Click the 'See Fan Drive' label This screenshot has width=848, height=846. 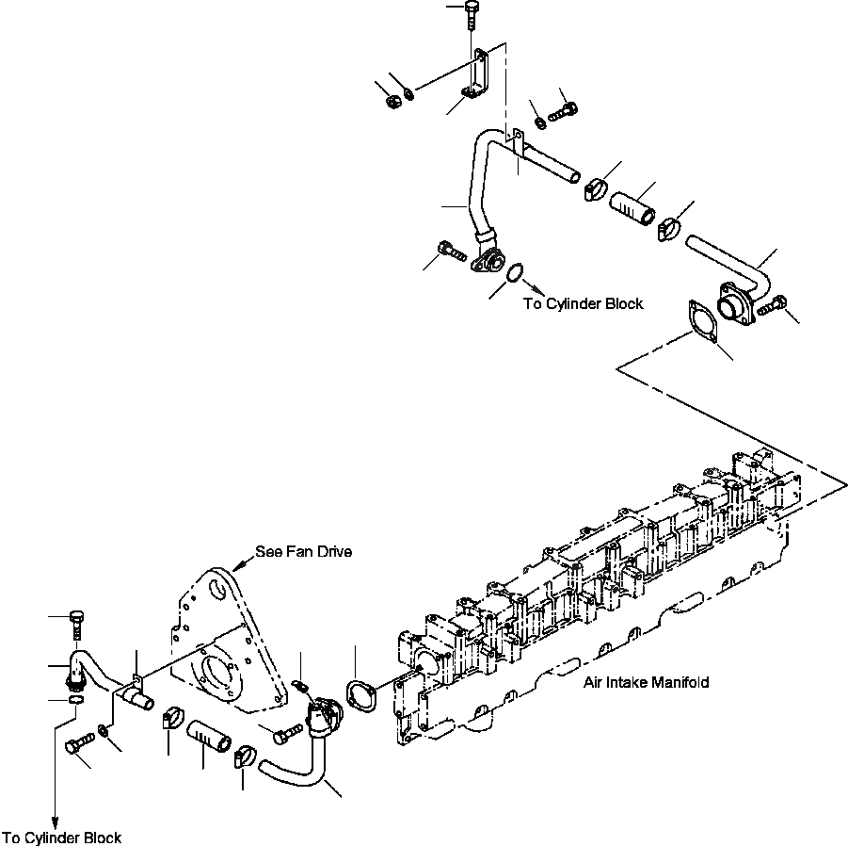coord(304,551)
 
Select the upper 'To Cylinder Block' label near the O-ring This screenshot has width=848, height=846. coord(584,303)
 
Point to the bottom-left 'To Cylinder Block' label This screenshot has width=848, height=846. coord(62,838)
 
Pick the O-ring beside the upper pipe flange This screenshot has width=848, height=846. coord(514,274)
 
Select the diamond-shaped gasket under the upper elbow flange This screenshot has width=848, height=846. coord(700,321)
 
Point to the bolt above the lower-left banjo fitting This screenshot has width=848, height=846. coord(75,623)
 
